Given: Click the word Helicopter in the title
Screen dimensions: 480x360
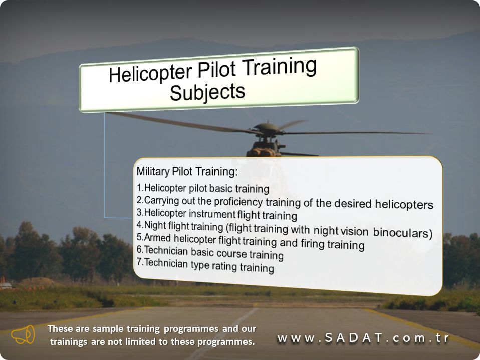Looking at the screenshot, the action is [x=150, y=74].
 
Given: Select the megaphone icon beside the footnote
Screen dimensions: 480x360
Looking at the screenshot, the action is [x=23, y=335].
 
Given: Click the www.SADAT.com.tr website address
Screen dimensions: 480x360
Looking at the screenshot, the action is [x=363, y=338].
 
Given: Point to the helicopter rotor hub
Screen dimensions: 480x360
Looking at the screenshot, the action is [x=267, y=129].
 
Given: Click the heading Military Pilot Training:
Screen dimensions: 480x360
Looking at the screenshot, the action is [x=187, y=172].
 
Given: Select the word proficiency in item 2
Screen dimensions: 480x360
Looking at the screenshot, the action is [x=238, y=202].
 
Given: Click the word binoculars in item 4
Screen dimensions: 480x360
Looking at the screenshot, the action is [x=402, y=233].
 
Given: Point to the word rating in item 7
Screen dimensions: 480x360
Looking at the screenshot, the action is [x=223, y=266].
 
